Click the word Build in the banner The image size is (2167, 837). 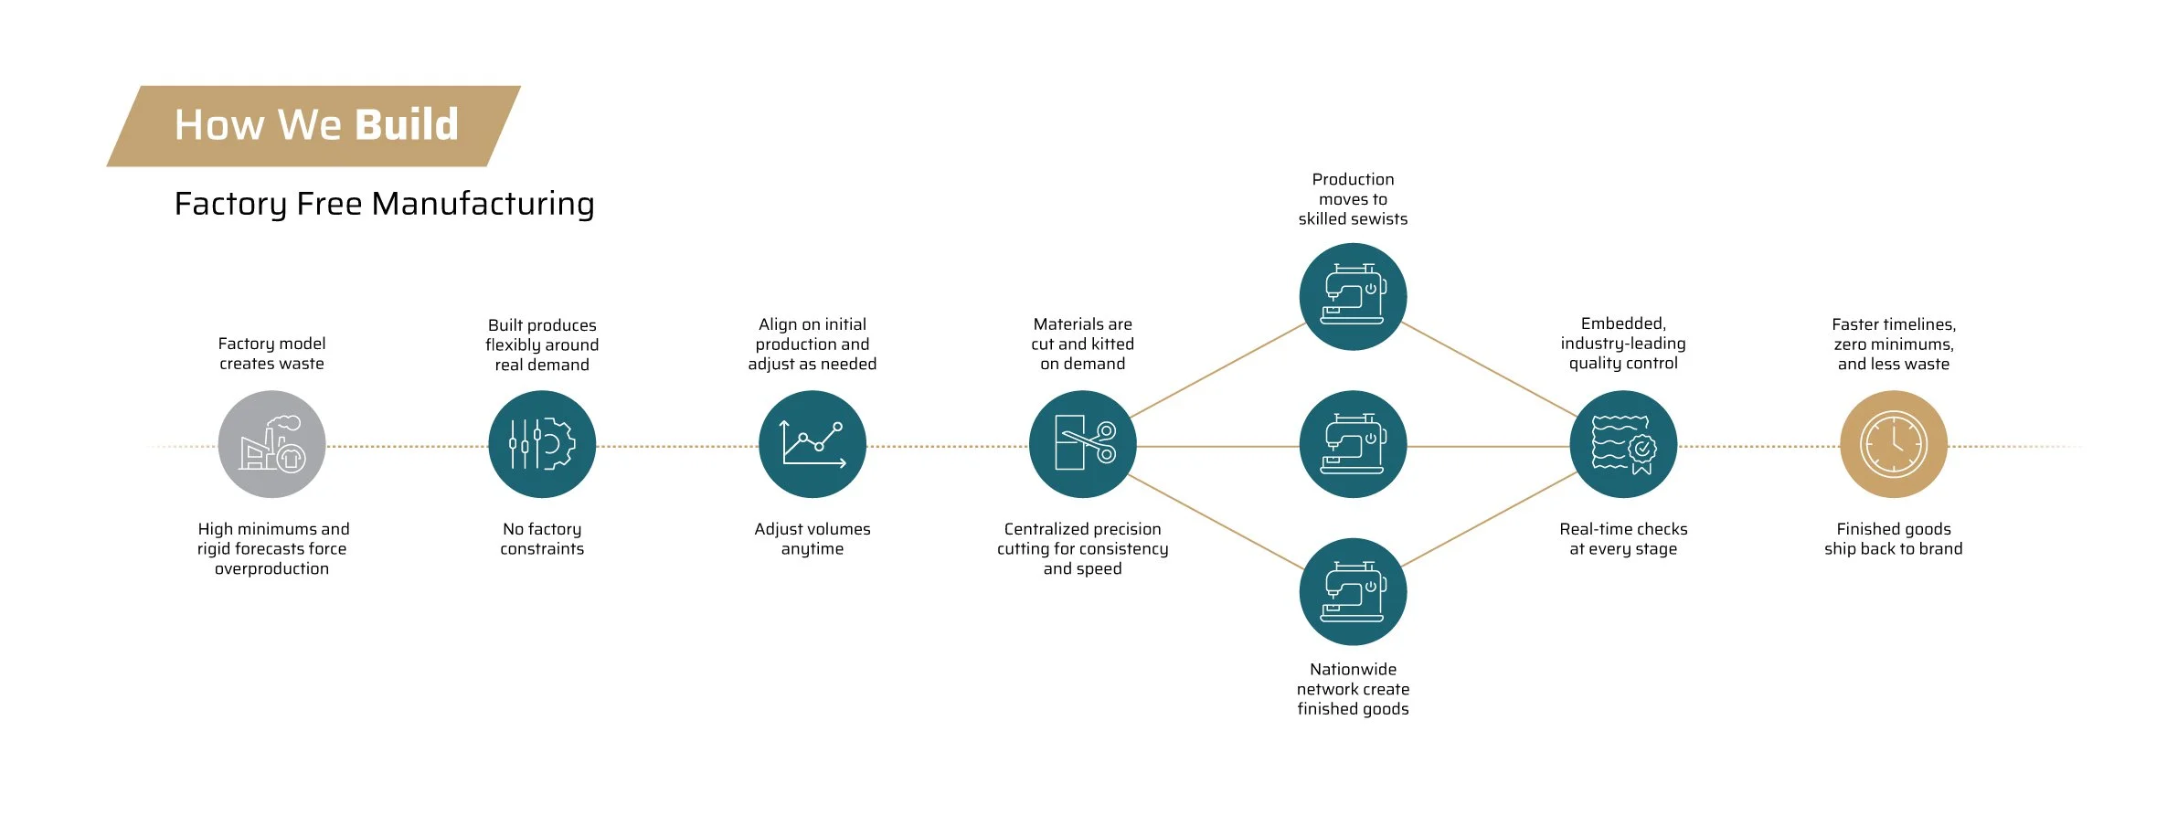pos(406,124)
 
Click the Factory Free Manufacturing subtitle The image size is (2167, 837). pos(384,203)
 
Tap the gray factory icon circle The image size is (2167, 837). pos(271,444)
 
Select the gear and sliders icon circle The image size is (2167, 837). pos(542,444)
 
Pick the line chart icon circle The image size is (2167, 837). pos(813,444)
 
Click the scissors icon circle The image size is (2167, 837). pos(1082,444)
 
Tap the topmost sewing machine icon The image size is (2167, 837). pos(1353,296)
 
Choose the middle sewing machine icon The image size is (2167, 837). pos(1353,444)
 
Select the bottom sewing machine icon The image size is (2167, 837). pos(1353,592)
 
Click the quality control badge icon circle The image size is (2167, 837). pos(1623,444)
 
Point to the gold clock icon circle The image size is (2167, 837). pos(1894,444)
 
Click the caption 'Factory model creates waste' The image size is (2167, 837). pos(271,354)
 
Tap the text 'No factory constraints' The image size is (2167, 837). pos(542,539)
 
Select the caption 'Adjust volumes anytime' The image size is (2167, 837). pos(813,539)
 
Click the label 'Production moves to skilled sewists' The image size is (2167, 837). pos(1353,199)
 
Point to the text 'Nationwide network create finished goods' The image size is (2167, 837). pos(1353,689)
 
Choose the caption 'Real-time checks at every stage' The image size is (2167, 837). pos(1623,539)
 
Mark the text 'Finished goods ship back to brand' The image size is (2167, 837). pos(1894,539)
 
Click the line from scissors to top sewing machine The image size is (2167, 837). pos(1217,370)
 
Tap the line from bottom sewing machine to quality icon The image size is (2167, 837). pos(1488,519)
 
